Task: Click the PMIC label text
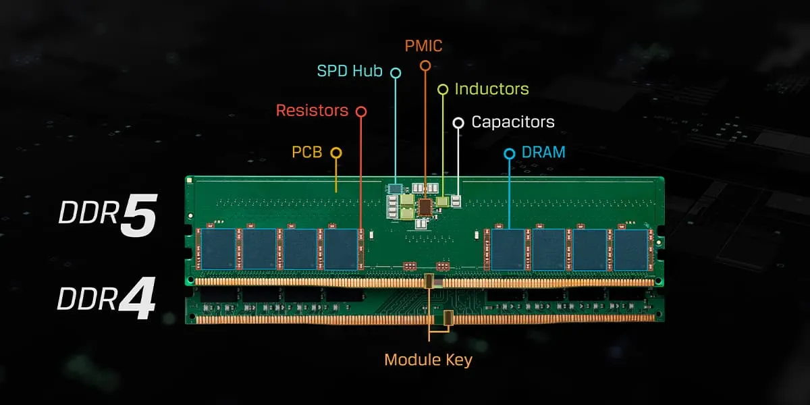pyautogui.click(x=425, y=46)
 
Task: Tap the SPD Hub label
pyautogui.click(x=350, y=71)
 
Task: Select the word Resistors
pyautogui.click(x=312, y=110)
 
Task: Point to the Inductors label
pyautogui.click(x=491, y=89)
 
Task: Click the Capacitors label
pyautogui.click(x=513, y=122)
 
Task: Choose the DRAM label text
pyautogui.click(x=543, y=153)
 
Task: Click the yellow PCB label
pyautogui.click(x=306, y=153)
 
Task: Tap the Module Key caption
pyautogui.click(x=428, y=360)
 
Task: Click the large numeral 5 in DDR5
pyautogui.click(x=138, y=216)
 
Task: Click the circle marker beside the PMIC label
pyautogui.click(x=425, y=65)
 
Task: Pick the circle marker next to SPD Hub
pyautogui.click(x=396, y=72)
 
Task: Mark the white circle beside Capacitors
pyautogui.click(x=458, y=122)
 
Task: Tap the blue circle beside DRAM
pyautogui.click(x=510, y=153)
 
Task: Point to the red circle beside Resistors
pyautogui.click(x=361, y=111)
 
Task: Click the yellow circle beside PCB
pyautogui.click(x=336, y=153)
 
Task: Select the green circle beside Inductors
pyautogui.click(x=443, y=89)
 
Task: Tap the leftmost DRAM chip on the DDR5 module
pyautogui.click(x=218, y=249)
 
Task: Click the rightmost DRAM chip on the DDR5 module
pyautogui.click(x=630, y=249)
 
